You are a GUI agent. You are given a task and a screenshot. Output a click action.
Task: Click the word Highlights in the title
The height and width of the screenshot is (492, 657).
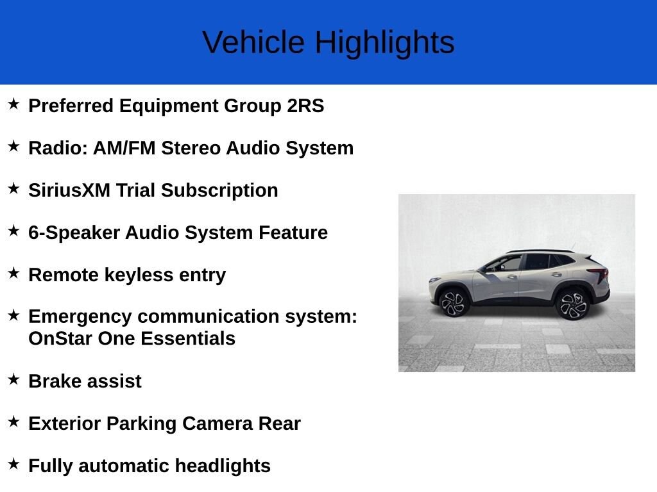point(384,43)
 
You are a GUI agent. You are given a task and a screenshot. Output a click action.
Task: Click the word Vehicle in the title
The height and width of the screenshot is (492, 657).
point(253,43)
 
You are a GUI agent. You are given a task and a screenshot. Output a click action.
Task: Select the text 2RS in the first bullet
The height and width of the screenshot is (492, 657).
point(305,106)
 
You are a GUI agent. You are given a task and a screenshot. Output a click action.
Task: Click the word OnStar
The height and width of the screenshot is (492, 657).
point(60,338)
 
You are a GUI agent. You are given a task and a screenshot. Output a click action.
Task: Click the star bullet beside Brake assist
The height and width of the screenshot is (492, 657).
point(14,379)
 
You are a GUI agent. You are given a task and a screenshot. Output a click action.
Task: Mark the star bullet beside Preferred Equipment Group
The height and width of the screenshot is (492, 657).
point(14,103)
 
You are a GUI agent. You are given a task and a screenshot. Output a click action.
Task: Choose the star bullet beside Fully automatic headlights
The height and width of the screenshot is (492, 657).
point(14,463)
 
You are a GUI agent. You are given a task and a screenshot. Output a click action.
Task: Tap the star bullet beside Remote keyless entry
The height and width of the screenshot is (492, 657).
point(14,272)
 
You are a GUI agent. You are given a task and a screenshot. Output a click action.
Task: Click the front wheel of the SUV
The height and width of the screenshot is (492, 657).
point(454,302)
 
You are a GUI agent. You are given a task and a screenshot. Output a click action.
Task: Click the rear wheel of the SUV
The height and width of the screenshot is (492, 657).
point(572,304)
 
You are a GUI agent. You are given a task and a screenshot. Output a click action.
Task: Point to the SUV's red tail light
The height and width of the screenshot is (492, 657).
point(601,275)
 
